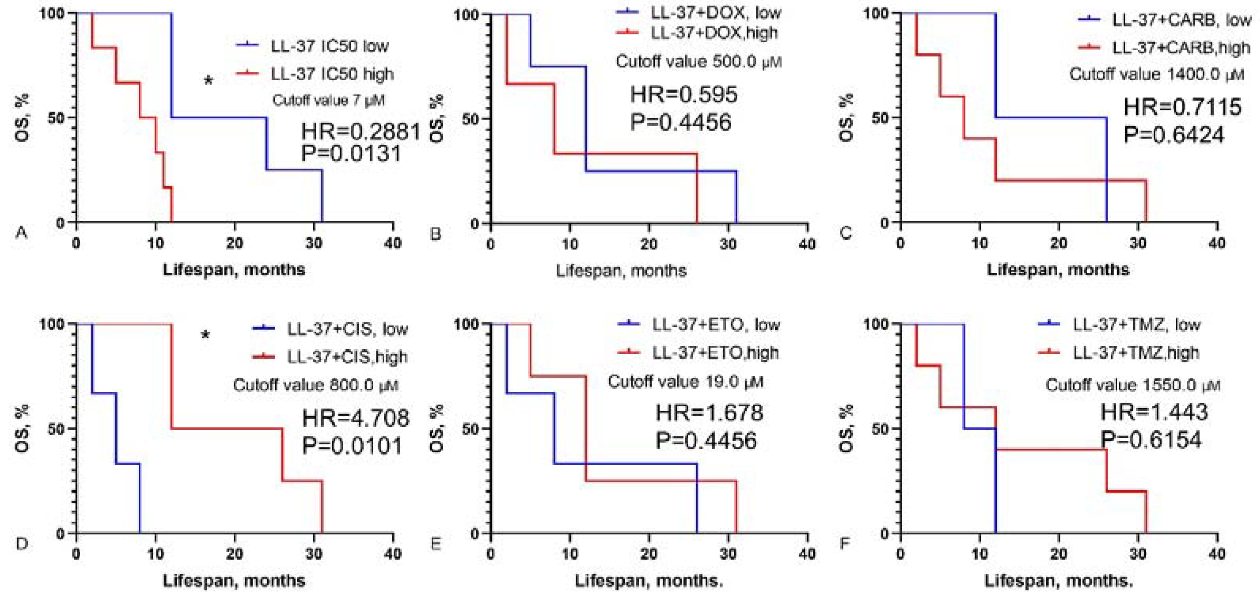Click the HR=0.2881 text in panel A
361,132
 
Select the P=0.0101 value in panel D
352,446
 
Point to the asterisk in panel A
208,81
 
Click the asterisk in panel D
206,336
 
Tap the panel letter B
435,234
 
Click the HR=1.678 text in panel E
709,412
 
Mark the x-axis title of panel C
1058,269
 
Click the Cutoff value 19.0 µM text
685,382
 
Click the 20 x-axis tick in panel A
234,243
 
